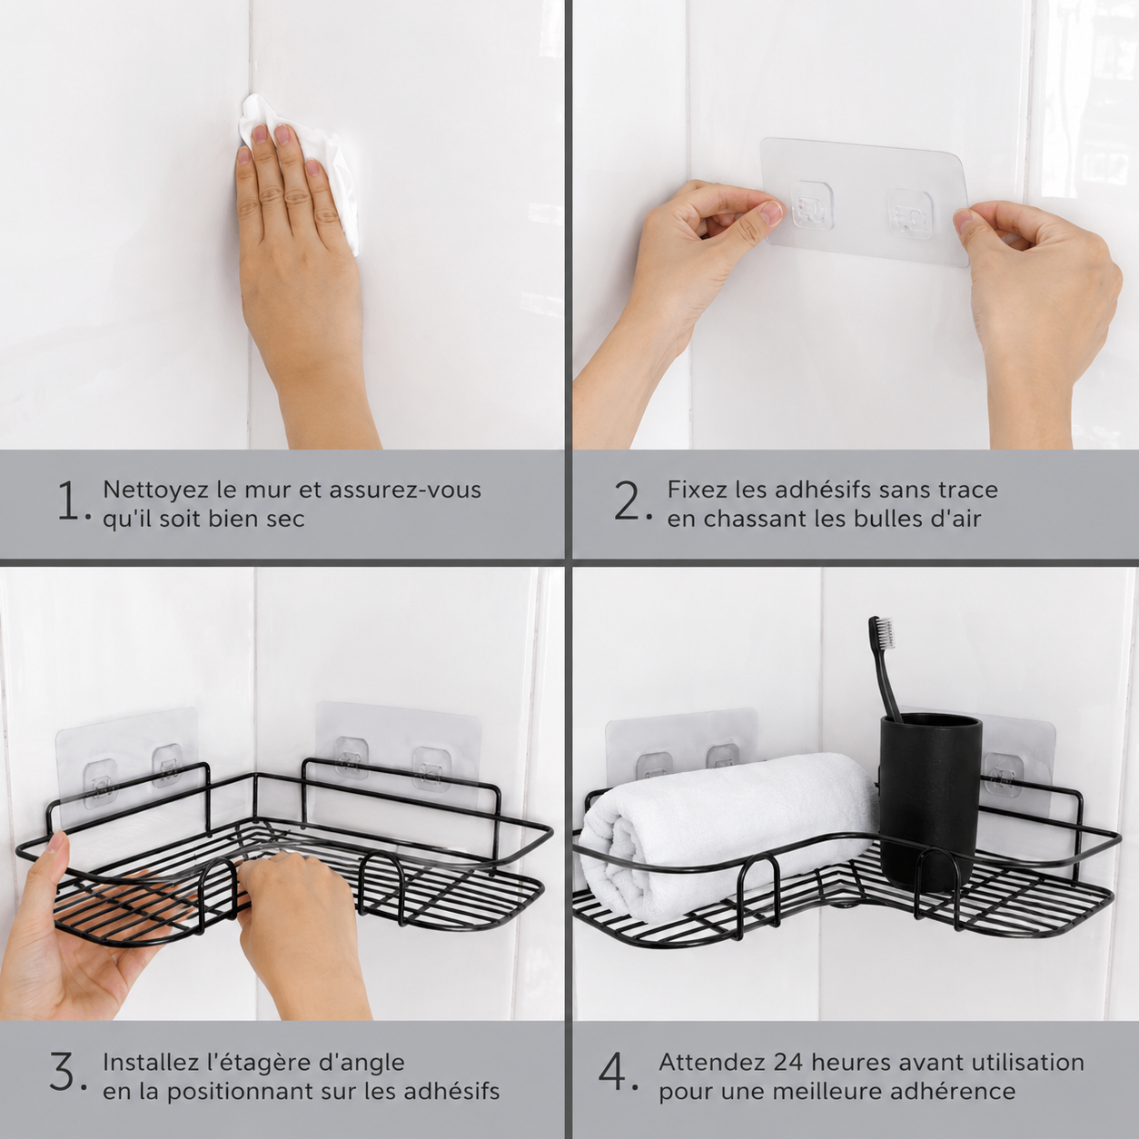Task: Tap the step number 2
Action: click(x=629, y=503)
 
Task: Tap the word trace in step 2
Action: click(x=968, y=490)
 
